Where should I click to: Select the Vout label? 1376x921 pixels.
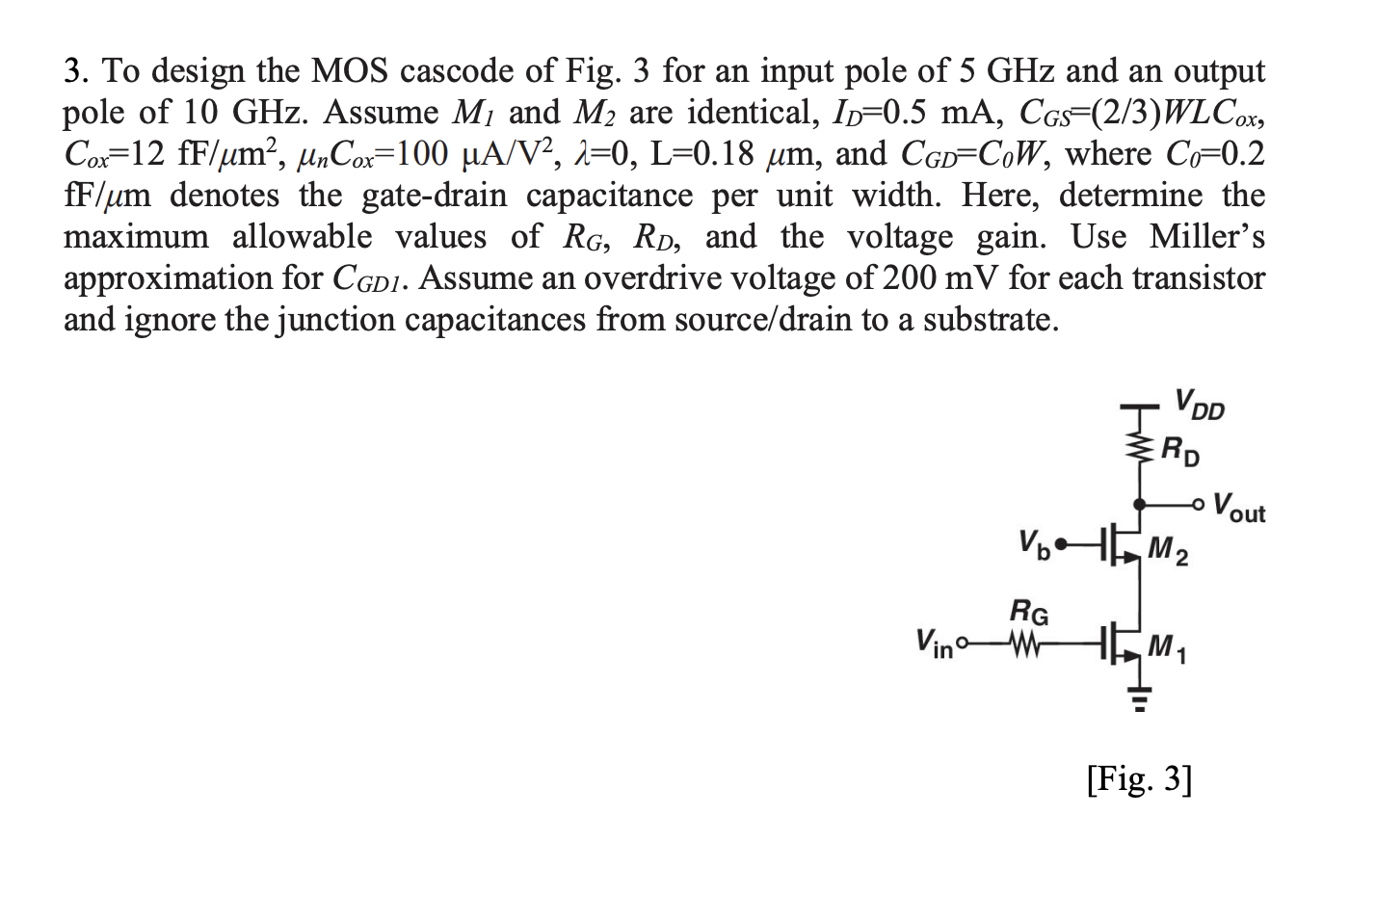[x=1239, y=508]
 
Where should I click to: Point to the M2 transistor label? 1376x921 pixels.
[x=1168, y=551]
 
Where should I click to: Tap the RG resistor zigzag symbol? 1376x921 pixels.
[x=1022, y=642]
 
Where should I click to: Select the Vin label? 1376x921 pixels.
[x=933, y=643]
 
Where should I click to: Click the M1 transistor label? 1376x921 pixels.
[x=1168, y=648]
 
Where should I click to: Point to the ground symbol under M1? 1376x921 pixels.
[x=1140, y=697]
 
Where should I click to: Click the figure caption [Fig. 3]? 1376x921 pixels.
[x=1139, y=778]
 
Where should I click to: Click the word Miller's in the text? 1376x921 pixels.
[x=1206, y=237]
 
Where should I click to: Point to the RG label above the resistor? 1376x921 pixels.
[x=1028, y=613]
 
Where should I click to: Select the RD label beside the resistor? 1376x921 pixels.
[x=1180, y=450]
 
